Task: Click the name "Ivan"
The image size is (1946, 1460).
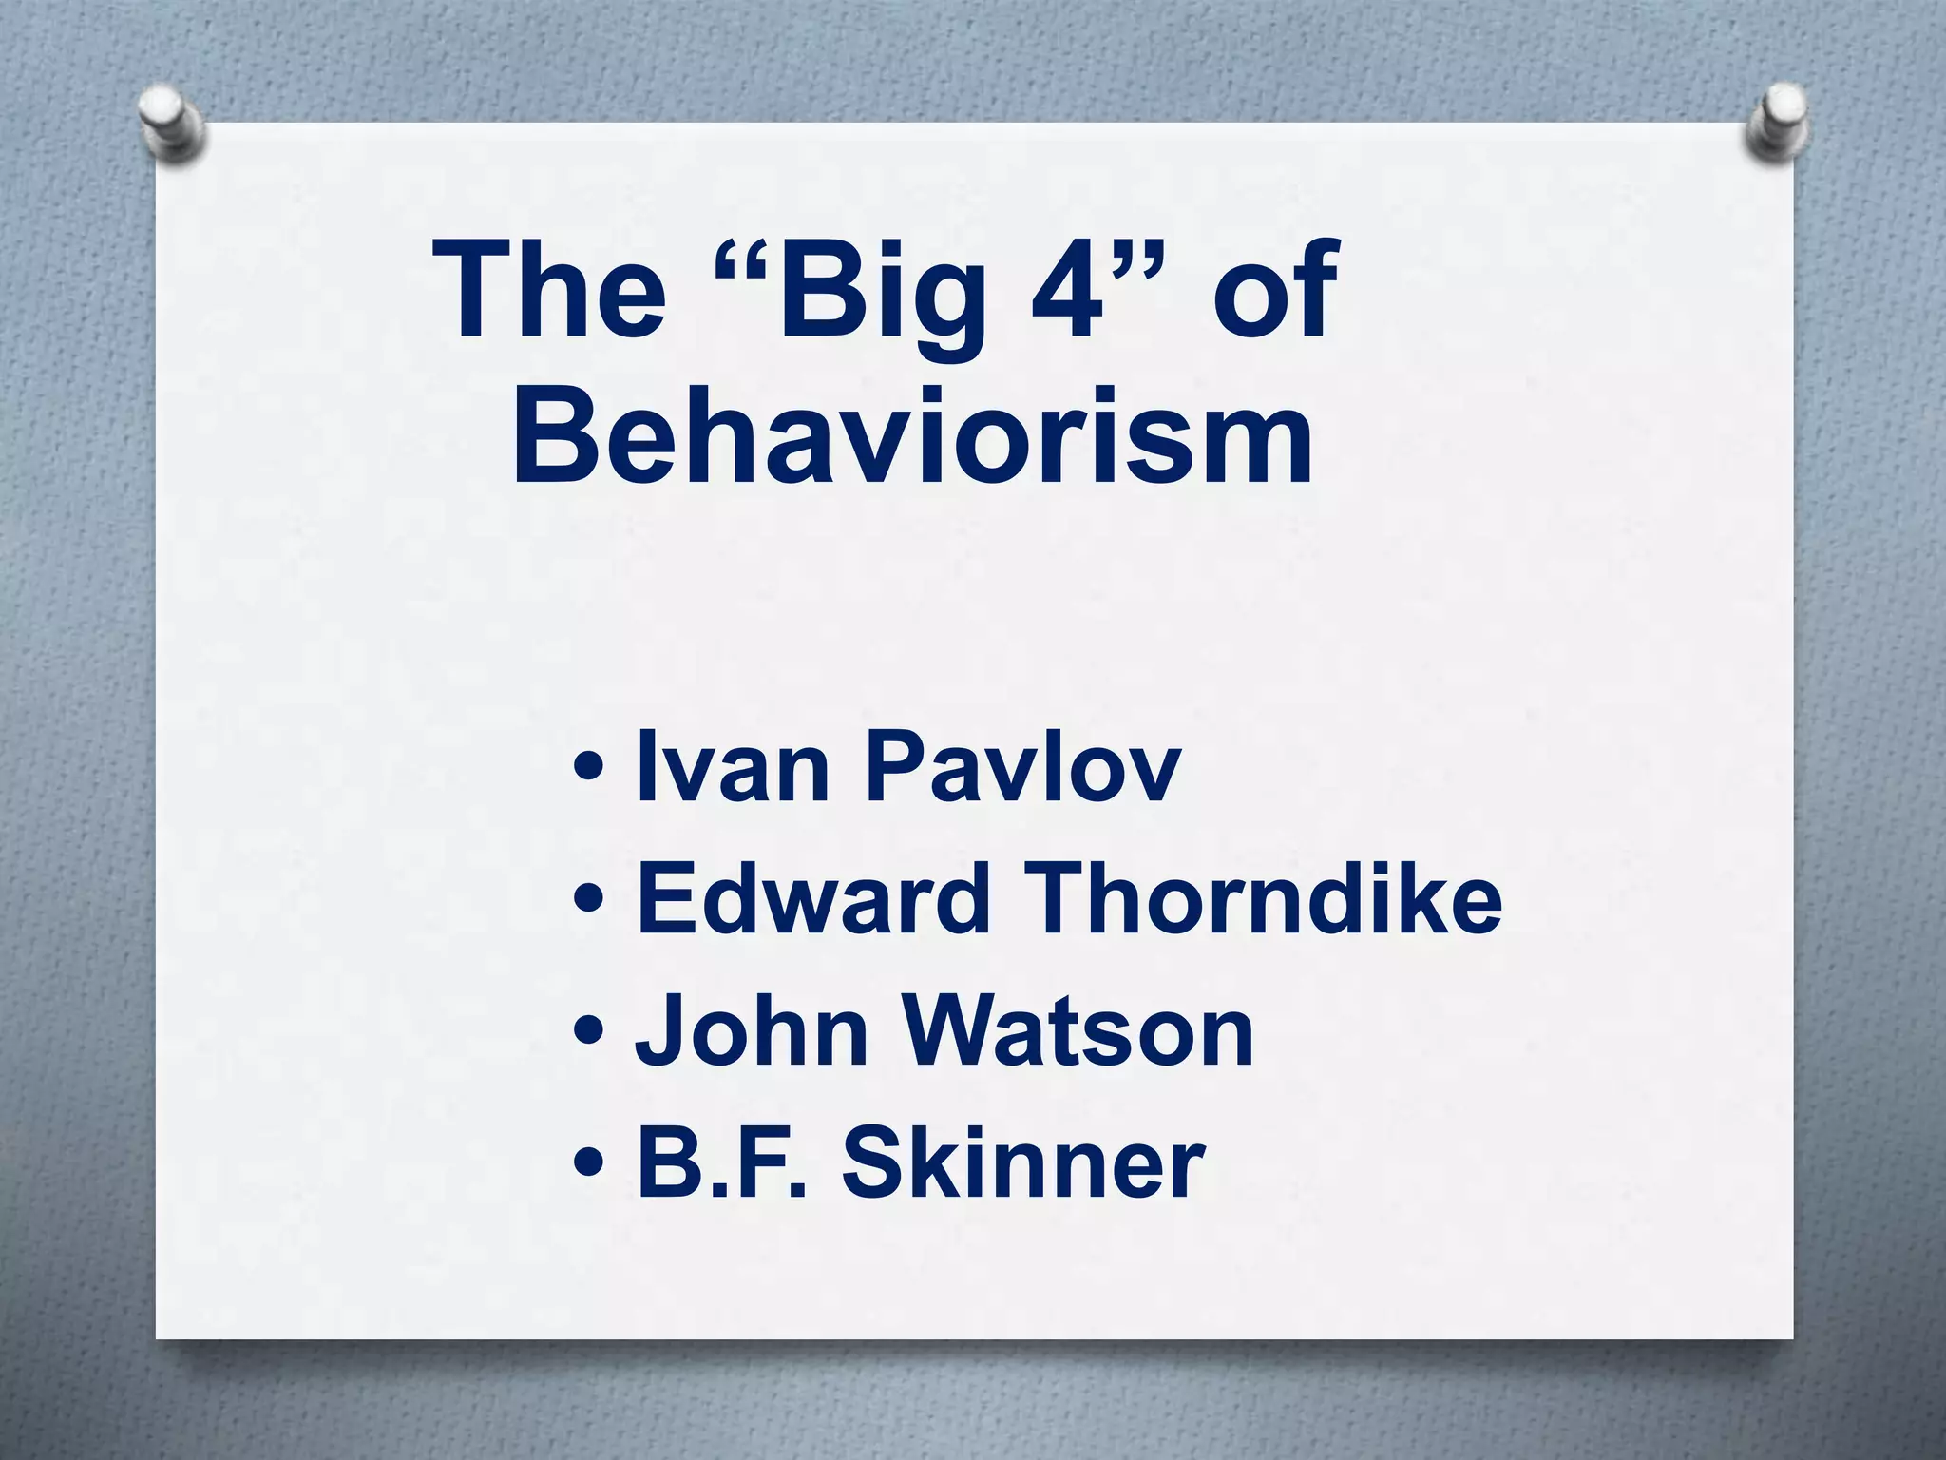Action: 732,768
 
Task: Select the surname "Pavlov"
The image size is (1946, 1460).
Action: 1022,768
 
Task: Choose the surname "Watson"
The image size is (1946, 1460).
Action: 1078,1032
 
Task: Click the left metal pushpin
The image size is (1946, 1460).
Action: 172,123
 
